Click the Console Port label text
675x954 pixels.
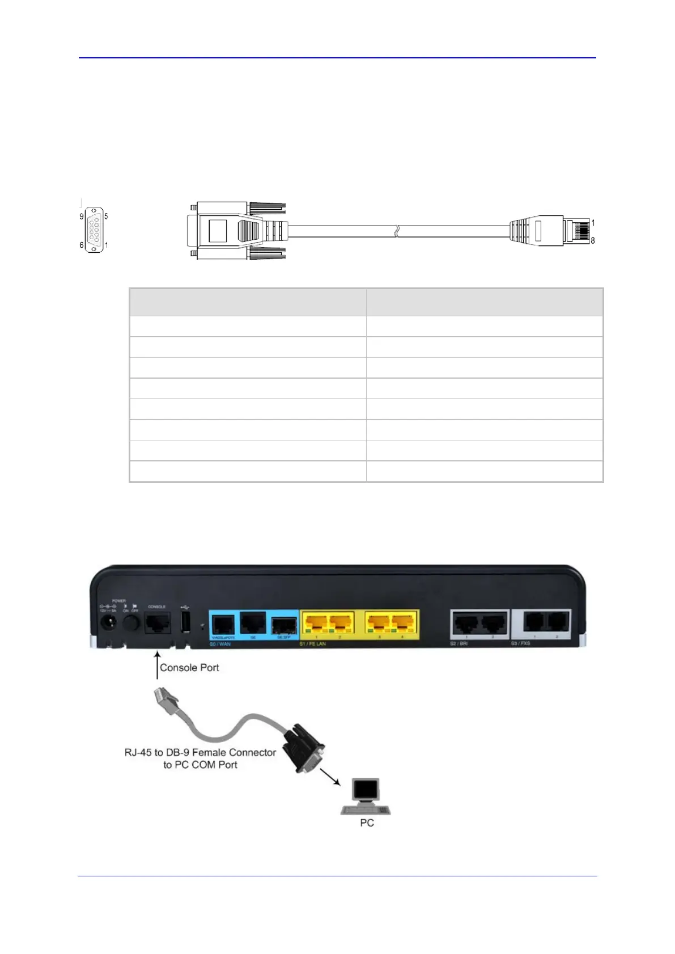point(189,668)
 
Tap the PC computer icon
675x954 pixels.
point(366,797)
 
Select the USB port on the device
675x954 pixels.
point(185,622)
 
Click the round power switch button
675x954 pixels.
point(131,624)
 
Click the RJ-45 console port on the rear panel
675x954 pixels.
point(157,624)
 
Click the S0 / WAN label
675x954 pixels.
point(220,644)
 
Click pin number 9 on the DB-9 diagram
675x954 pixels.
point(82,217)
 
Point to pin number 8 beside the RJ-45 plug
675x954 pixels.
point(593,240)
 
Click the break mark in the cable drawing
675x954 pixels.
point(397,231)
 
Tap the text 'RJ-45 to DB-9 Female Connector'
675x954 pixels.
point(200,752)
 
